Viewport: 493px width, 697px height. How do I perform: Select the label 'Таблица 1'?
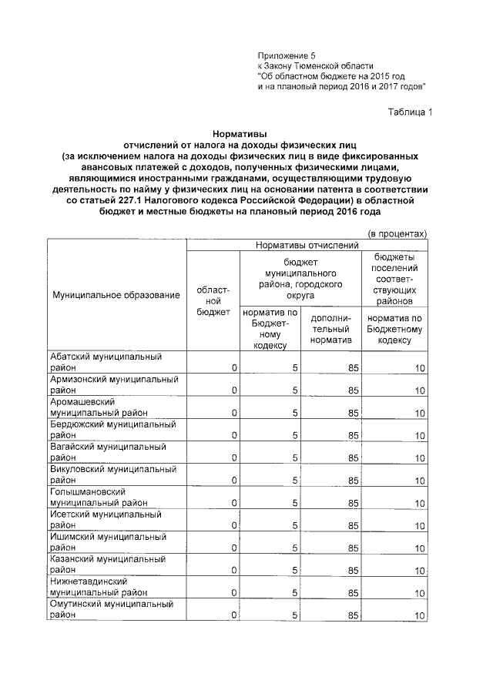pos(411,112)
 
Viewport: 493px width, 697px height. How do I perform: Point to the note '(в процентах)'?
pos(397,233)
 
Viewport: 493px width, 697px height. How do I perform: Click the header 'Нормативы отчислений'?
pos(308,246)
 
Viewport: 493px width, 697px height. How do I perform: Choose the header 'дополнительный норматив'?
pos(330,329)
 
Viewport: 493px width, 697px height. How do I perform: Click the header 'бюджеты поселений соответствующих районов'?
pos(395,278)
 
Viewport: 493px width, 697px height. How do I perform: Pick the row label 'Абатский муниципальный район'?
pos(106,363)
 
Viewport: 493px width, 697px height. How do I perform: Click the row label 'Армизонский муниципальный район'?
pos(113,385)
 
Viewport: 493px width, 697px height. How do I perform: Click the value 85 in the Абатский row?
pos(353,369)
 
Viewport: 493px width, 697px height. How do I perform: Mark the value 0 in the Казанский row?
pos(234,571)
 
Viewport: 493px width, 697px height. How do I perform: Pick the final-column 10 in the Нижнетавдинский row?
pos(419,593)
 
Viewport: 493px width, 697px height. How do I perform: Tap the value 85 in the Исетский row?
pos(353,526)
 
